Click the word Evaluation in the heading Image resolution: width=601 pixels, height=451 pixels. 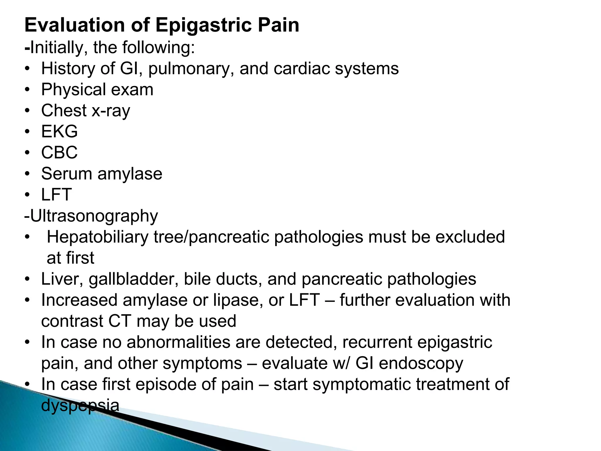point(75,25)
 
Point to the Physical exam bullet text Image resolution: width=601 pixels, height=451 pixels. point(97,90)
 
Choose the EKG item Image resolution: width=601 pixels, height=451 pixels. point(59,132)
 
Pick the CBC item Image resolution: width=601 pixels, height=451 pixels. point(59,153)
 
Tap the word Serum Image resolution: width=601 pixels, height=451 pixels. point(67,174)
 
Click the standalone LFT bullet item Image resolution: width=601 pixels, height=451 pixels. point(56,195)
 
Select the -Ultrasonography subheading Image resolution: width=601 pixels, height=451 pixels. point(91,216)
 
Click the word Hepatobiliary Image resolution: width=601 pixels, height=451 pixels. point(97,237)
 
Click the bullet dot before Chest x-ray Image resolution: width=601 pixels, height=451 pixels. point(27,111)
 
